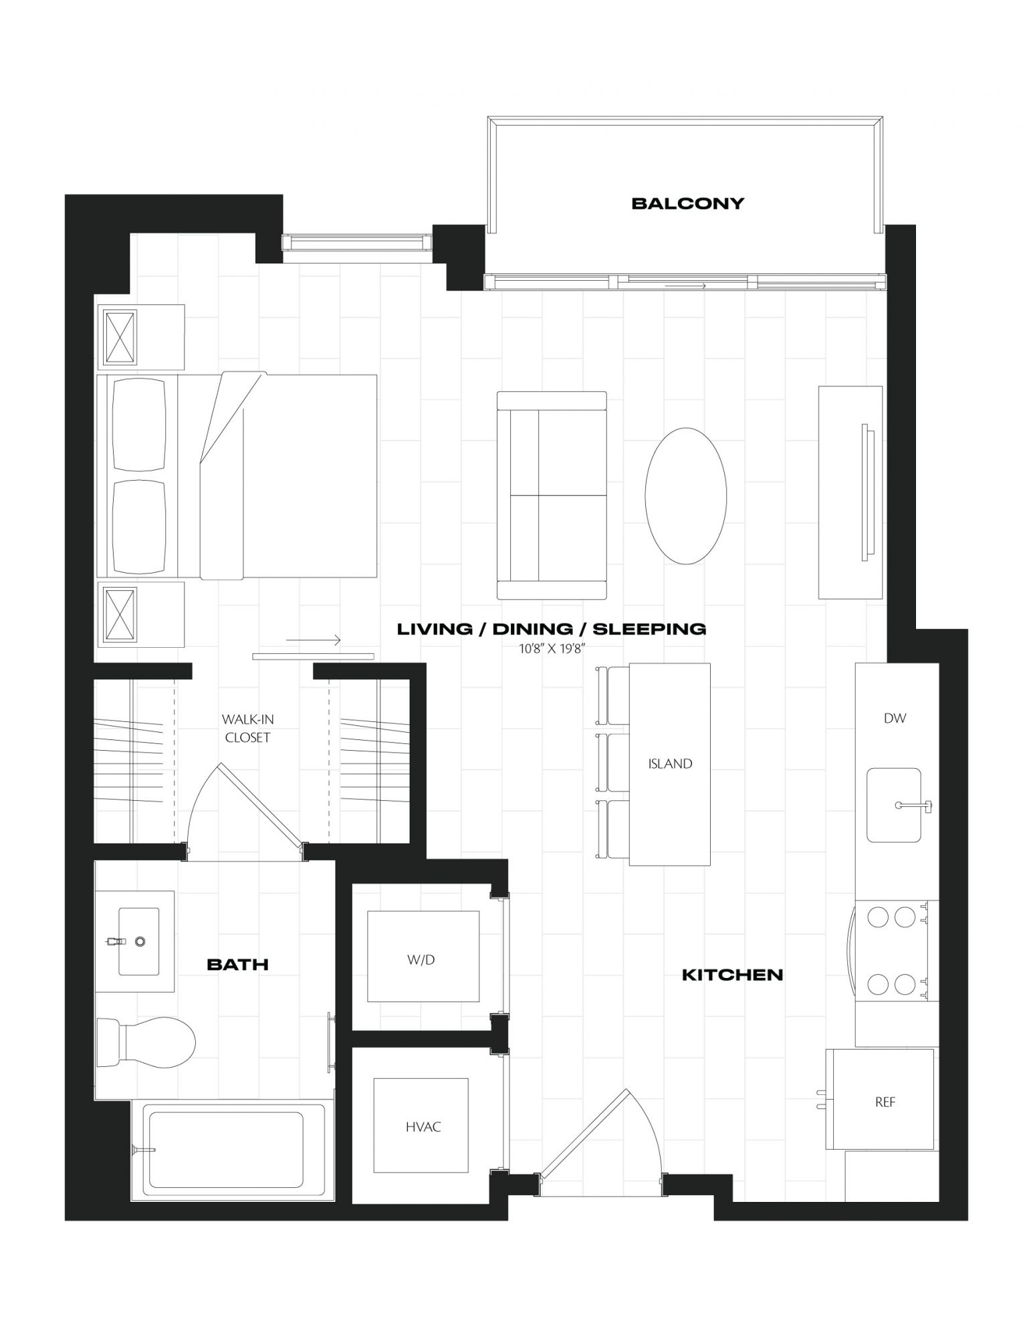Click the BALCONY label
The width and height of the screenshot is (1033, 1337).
pos(687,203)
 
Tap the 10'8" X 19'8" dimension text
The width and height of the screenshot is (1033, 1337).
pos(552,647)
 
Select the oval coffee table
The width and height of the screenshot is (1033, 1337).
pos(685,495)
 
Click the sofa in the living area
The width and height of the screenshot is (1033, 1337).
pos(552,495)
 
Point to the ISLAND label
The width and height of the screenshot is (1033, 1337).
pos(670,763)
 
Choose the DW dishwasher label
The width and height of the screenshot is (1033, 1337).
pos(895,718)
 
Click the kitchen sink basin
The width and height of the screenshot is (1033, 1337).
pos(893,805)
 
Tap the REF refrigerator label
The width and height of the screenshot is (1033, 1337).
pos(885,1102)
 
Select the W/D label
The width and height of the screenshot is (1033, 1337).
pos(421,959)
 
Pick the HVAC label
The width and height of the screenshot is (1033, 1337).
pos(423,1126)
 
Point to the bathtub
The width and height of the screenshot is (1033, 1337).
pos(227,1149)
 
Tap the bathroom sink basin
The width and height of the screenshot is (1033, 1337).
pos(138,941)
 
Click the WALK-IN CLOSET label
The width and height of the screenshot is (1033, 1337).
pos(247,728)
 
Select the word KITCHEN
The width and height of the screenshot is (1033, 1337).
pos(732,975)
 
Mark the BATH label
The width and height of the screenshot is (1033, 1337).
pos(237,964)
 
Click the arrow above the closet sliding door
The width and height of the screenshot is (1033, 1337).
pos(314,640)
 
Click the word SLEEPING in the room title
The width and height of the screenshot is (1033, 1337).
pos(650,628)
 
